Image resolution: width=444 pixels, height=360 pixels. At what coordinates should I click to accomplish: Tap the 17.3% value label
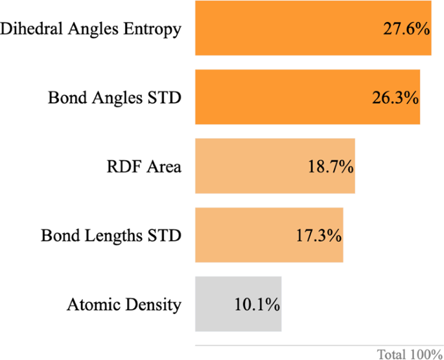click(318, 235)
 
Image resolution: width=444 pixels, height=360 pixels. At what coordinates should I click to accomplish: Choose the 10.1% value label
click(256, 304)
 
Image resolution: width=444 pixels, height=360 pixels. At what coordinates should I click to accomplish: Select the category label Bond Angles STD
click(115, 98)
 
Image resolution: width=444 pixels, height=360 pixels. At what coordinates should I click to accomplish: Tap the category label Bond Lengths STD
click(111, 235)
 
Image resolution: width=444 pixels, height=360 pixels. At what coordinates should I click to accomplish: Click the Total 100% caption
click(410, 354)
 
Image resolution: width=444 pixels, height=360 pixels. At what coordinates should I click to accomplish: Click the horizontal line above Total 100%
click(318, 346)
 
